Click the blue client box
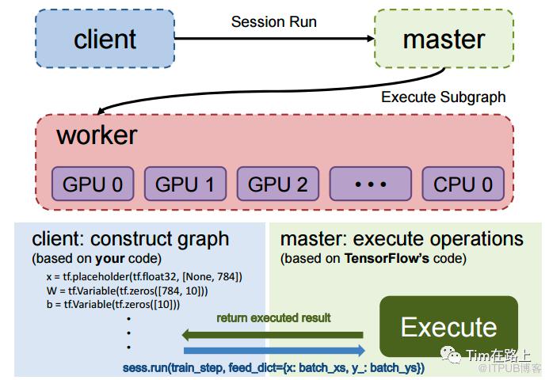pyautogui.click(x=105, y=38)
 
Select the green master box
pyautogui.click(x=444, y=38)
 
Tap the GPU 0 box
pyautogui.click(x=93, y=184)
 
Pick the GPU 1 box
pyautogui.click(x=185, y=184)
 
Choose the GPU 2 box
pyautogui.click(x=277, y=184)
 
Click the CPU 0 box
pyautogui.click(x=463, y=184)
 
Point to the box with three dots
pyautogui.click(x=370, y=184)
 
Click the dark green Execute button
pyautogui.click(x=448, y=326)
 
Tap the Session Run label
pyautogui.click(x=273, y=21)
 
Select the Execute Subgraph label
pyautogui.click(x=443, y=97)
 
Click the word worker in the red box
pyautogui.click(x=97, y=135)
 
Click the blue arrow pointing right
pyautogui.click(x=274, y=350)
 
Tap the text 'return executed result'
pyautogui.click(x=274, y=317)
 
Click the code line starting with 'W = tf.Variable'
pyautogui.click(x=127, y=291)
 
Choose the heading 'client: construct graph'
pyautogui.click(x=130, y=238)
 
